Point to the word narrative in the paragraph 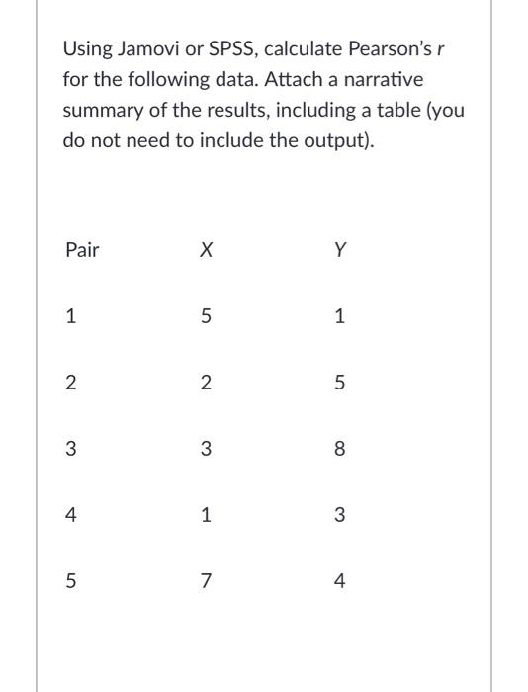point(396,78)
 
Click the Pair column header point(82,250)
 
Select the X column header point(205,250)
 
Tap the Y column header point(340,250)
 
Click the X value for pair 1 point(205,317)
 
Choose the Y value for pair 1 point(340,317)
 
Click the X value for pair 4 point(205,516)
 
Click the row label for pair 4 point(69,516)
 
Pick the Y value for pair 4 point(340,516)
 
